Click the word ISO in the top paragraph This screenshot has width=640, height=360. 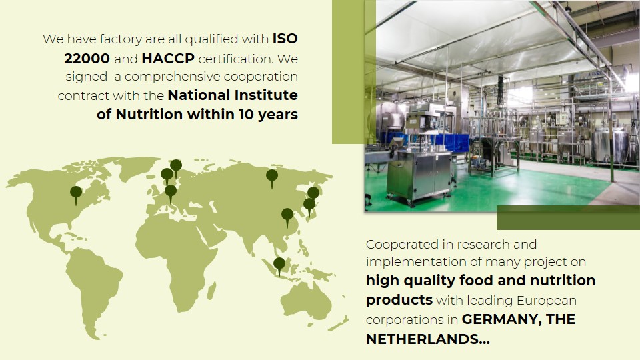(285, 39)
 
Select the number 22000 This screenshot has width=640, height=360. (87, 59)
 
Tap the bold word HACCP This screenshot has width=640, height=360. (168, 59)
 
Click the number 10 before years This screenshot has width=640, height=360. (247, 114)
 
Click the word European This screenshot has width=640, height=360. (547, 301)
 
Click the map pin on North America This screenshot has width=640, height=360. (76, 194)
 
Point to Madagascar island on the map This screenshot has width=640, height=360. (211, 291)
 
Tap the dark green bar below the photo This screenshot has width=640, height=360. (568, 217)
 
